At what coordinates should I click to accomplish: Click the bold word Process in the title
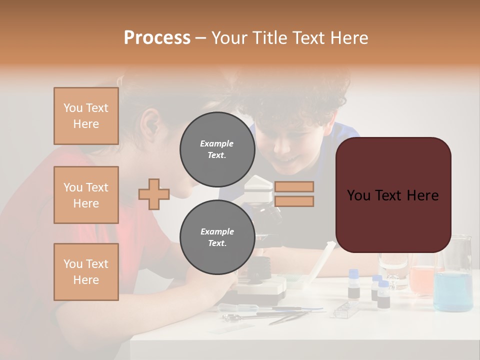click(x=157, y=38)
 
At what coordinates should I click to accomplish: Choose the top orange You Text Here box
click(x=86, y=116)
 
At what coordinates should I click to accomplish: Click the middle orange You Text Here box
click(x=86, y=195)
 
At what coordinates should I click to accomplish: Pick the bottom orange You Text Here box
click(x=86, y=272)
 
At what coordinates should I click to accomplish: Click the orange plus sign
click(x=154, y=194)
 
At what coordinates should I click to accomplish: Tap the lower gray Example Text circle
click(x=217, y=237)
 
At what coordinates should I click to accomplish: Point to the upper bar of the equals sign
click(x=294, y=186)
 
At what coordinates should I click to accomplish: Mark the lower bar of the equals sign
click(x=294, y=201)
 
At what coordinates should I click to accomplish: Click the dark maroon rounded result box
click(x=393, y=195)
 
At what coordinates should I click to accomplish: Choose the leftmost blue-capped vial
click(x=353, y=285)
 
